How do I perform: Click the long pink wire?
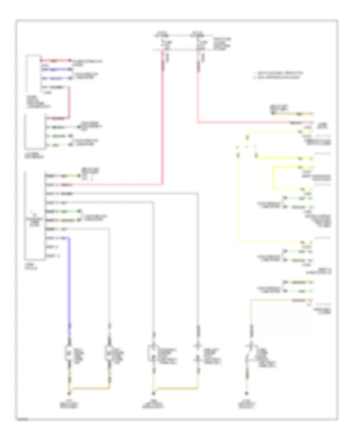click(x=163, y=120)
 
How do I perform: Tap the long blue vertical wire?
click(x=69, y=280)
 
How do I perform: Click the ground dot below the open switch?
click(x=246, y=393)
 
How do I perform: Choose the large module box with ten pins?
click(x=34, y=216)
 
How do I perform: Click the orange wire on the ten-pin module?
click(x=64, y=175)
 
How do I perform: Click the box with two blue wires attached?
click(x=34, y=74)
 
